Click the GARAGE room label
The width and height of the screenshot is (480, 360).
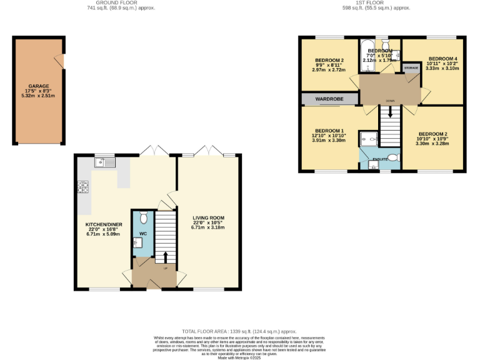pos(38,86)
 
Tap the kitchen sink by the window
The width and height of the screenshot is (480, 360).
pos(103,162)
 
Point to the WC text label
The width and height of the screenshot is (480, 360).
pos(142,234)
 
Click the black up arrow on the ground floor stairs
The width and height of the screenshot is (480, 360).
pos(165,257)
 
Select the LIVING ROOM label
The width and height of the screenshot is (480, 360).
pos(208,217)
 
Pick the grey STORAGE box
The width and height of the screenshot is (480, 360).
pos(411,67)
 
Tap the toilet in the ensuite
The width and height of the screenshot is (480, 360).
pos(393,157)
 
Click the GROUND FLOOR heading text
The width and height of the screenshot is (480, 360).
pos(121,2)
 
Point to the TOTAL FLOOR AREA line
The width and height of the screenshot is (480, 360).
pos(239,331)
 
